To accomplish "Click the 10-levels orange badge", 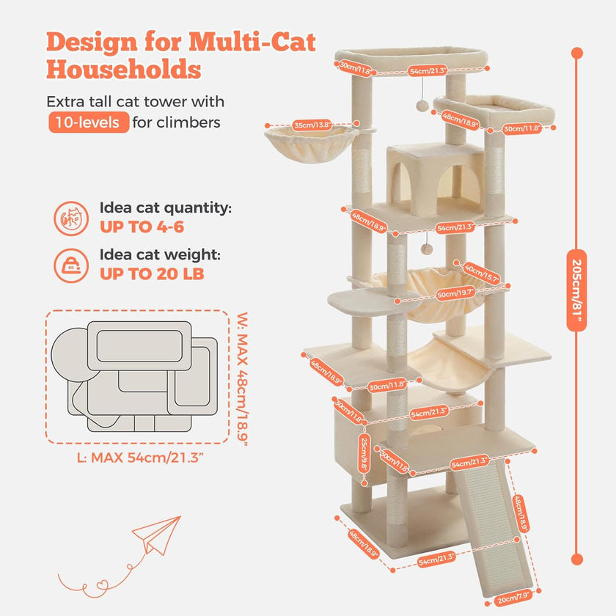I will (x=89, y=122).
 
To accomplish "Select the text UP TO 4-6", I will (x=142, y=227).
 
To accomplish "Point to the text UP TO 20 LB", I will (x=152, y=274).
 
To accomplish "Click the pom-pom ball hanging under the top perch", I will (x=424, y=107).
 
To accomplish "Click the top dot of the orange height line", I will (x=576, y=53).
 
